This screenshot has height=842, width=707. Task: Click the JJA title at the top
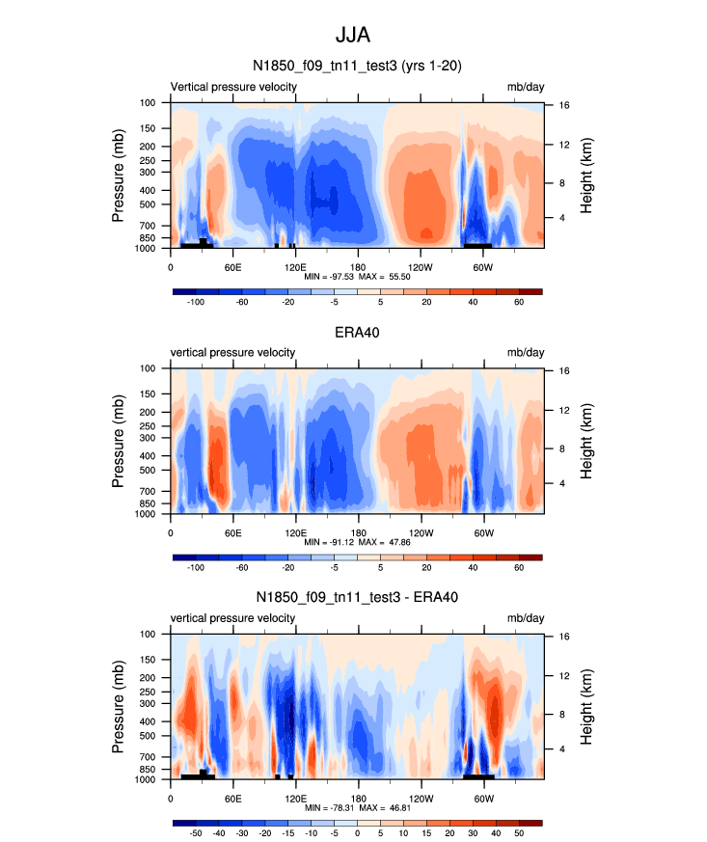click(352, 36)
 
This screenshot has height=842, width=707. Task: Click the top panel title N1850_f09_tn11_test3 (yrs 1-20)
click(357, 67)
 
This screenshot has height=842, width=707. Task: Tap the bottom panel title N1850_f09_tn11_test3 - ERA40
click(357, 598)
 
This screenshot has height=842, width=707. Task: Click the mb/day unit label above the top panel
click(526, 87)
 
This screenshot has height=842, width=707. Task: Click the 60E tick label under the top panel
click(232, 265)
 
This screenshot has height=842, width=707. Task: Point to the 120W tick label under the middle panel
click(421, 531)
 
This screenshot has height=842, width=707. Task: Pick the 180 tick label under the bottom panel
click(358, 797)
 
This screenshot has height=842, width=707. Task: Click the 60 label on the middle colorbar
click(519, 568)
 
